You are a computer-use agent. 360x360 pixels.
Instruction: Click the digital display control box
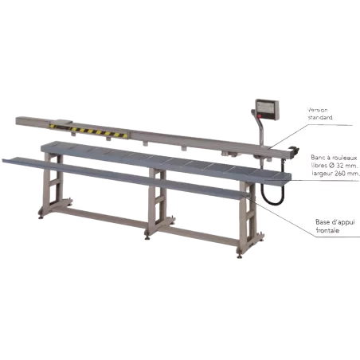point(267,109)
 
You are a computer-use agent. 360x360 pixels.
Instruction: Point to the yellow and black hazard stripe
point(88,131)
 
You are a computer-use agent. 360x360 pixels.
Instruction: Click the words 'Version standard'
point(319,114)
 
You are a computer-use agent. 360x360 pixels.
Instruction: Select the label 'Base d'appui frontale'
point(335,226)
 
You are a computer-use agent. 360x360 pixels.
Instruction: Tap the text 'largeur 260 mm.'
point(336,174)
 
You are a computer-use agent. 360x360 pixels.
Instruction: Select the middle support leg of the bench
point(158,202)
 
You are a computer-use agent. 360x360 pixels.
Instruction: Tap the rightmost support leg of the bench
point(248,217)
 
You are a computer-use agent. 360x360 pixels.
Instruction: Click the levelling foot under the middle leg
point(147,237)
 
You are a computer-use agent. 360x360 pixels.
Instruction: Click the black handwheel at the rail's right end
point(295,151)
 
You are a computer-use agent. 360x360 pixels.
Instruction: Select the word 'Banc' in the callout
point(317,158)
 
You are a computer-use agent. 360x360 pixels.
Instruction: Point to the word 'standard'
point(320,117)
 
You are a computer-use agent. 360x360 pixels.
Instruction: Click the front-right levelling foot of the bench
point(240,256)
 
